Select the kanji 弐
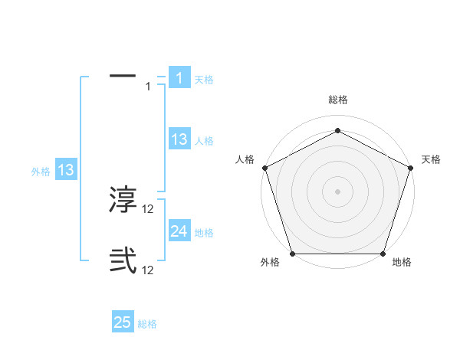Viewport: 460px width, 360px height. (123, 261)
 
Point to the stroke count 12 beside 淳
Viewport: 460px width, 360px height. (149, 209)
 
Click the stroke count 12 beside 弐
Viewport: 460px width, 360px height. (149, 270)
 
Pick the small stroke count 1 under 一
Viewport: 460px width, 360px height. (148, 87)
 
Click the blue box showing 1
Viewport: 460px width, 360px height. (179, 78)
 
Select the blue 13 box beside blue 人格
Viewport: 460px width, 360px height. (179, 139)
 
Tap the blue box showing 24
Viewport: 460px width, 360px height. (179, 231)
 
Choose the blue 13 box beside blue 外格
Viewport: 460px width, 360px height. (66, 170)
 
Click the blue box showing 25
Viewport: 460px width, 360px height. (123, 322)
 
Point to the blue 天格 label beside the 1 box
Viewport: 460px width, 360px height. (204, 79)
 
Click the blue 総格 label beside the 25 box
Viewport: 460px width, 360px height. (147, 324)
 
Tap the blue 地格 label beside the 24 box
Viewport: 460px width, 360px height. (204, 233)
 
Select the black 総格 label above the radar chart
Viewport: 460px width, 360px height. (338, 100)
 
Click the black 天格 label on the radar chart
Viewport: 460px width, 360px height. (431, 159)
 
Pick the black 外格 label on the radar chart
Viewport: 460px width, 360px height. (270, 263)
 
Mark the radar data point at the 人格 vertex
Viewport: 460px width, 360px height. (264, 167)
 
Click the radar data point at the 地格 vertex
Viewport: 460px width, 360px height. (383, 254)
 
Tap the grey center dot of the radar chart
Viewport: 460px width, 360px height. (338, 191)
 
